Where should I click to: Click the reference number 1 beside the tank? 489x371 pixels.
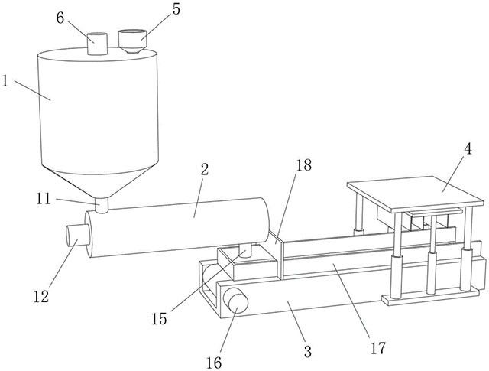point(5,80)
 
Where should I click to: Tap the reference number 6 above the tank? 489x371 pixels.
point(60,18)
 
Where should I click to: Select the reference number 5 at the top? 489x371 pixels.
point(176,9)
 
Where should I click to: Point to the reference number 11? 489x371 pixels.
point(44,199)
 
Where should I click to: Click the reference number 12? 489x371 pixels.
point(41,296)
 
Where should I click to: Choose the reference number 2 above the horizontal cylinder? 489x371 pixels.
point(204,170)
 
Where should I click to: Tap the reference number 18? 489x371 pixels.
point(303,165)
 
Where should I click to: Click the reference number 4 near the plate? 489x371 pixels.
point(468,150)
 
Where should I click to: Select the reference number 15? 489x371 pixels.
point(159,319)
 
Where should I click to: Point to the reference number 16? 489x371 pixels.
point(214,363)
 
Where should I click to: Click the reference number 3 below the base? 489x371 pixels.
point(307,352)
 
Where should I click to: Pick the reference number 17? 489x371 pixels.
point(378,348)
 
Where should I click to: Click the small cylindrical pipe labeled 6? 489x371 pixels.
point(97,44)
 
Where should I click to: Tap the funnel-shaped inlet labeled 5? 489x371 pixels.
point(132,41)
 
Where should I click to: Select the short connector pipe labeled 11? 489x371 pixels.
point(102,205)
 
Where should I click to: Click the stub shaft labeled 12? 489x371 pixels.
point(78,235)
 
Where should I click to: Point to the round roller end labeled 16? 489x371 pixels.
point(237,302)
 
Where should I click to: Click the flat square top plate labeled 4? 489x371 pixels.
point(415,194)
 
